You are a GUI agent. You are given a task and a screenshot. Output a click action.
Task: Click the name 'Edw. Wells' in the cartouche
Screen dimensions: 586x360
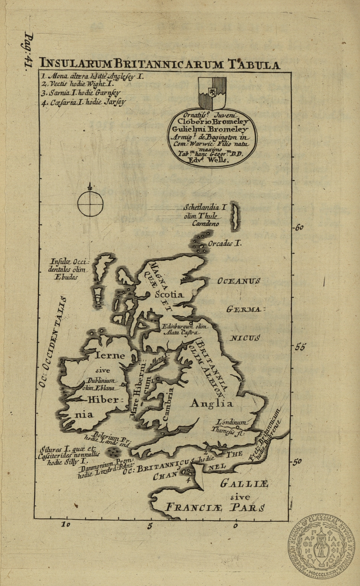pyautogui.click(x=209, y=160)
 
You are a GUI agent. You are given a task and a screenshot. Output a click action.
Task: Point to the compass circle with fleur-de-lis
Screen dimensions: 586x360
pyautogui.click(x=90, y=204)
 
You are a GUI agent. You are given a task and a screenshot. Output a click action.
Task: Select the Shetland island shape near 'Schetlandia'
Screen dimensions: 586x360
pyautogui.click(x=235, y=216)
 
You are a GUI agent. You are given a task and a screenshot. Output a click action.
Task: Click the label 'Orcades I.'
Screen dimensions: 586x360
pyautogui.click(x=224, y=244)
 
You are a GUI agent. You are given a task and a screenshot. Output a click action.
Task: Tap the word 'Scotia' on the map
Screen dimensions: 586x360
pyautogui.click(x=169, y=295)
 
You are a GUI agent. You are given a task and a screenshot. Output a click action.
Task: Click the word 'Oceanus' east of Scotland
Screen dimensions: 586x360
pyautogui.click(x=239, y=281)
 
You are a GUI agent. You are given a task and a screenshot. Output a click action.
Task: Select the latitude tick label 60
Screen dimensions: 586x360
pyautogui.click(x=299, y=227)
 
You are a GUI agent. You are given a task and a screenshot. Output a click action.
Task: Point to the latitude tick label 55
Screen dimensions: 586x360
pyautogui.click(x=300, y=347)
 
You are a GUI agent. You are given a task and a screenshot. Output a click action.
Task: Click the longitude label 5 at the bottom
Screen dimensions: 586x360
pyautogui.click(x=150, y=526)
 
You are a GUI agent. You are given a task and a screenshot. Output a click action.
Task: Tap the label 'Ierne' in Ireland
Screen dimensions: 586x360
pyautogui.click(x=110, y=356)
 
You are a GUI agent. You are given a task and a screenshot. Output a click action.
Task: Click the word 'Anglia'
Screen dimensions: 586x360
pyautogui.click(x=211, y=404)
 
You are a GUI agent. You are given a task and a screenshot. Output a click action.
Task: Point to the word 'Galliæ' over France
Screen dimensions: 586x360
pyautogui.click(x=244, y=483)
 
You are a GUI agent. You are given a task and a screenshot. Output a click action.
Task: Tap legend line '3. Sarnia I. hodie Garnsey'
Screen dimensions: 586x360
pyautogui.click(x=81, y=93)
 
